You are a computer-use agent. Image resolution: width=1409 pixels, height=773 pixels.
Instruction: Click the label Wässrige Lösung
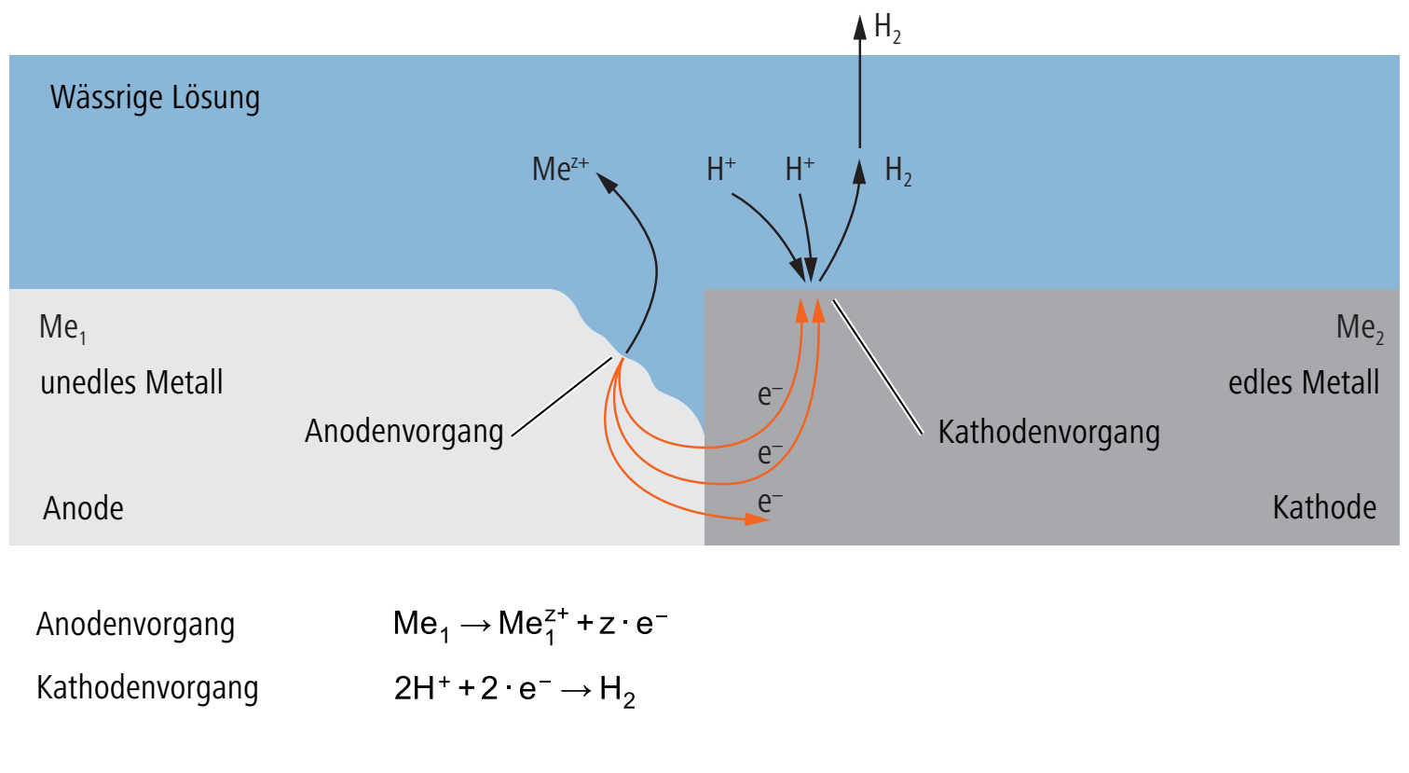tap(155, 98)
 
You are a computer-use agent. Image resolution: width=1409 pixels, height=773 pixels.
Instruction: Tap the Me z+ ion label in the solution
tap(560, 169)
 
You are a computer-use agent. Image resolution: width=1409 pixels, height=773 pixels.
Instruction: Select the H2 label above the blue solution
tap(887, 28)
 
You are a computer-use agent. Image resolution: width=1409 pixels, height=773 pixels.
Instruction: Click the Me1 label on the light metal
tap(62, 328)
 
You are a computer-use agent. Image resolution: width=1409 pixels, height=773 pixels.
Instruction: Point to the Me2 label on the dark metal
tap(1360, 328)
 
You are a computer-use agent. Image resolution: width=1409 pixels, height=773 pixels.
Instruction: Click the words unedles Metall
tap(131, 382)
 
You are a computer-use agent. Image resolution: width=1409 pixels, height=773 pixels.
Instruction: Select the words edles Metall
tap(1304, 382)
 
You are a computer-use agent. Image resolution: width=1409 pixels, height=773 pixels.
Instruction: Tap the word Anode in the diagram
tap(83, 508)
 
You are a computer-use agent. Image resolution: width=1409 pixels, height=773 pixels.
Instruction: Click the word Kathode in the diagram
tap(1325, 507)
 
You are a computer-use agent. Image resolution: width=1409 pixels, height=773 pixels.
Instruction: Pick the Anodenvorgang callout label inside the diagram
tap(404, 433)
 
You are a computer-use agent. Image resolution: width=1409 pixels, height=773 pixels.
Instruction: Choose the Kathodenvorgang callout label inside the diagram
tap(1049, 433)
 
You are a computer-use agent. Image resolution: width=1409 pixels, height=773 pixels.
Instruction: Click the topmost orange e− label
tap(770, 394)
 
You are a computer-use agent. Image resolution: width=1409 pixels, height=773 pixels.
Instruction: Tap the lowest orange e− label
tap(770, 502)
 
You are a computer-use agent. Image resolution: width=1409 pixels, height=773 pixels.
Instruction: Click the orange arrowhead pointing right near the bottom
tap(758, 519)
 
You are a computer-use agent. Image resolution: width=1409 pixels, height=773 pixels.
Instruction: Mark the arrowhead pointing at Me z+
tap(607, 183)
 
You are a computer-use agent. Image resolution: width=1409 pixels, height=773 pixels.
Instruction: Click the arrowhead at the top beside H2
tap(860, 27)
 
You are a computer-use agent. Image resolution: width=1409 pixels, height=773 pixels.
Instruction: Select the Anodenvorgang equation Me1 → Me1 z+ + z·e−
tap(529, 626)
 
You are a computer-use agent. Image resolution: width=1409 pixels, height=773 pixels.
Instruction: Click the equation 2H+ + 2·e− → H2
tap(514, 690)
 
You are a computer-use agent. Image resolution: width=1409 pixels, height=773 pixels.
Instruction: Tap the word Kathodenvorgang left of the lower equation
tap(147, 688)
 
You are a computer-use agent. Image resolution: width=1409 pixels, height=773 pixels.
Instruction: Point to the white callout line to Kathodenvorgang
tap(878, 367)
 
